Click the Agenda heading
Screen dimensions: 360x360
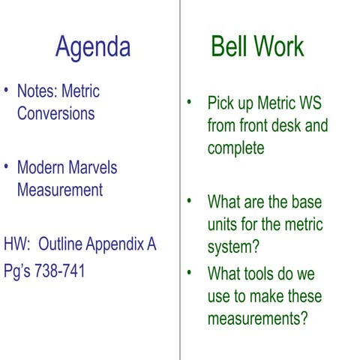[x=92, y=46]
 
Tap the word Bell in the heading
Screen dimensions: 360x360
[x=229, y=46]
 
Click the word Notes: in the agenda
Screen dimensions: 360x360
[x=37, y=91]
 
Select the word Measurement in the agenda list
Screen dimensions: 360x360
[x=59, y=190]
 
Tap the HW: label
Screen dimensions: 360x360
[x=18, y=244]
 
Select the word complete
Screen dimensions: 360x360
[x=235, y=148]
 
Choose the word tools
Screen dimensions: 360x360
[x=262, y=272]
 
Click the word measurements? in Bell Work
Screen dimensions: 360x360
[x=258, y=318]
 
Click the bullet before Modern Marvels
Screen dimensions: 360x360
[x=6, y=166]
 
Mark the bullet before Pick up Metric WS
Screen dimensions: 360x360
[x=190, y=101]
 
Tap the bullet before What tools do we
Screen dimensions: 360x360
[x=190, y=271]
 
